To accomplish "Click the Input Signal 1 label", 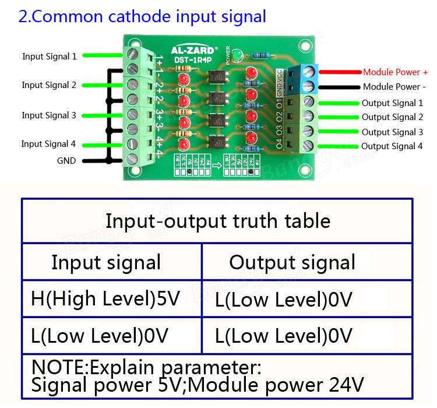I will [x=50, y=57].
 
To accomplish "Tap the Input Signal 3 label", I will [x=49, y=115].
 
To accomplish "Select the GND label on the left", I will [x=66, y=160].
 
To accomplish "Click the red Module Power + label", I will [x=395, y=72].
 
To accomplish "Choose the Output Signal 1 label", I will [x=392, y=103].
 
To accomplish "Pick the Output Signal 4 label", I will [x=392, y=146].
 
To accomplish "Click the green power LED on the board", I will [x=237, y=56].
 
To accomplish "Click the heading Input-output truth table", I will [x=217, y=221].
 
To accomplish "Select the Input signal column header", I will [x=106, y=262].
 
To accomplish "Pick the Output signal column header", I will [x=292, y=262].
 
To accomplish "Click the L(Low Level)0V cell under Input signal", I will [x=100, y=336].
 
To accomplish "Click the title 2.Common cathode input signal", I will [x=142, y=16].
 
